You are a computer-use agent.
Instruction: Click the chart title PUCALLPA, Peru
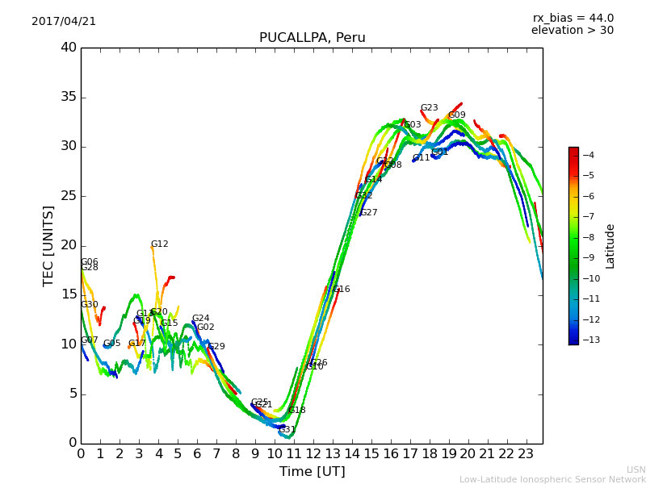(312, 38)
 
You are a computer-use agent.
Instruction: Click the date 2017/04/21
(64, 22)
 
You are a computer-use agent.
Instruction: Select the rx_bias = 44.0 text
(573, 19)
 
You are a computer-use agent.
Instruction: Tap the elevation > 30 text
(573, 31)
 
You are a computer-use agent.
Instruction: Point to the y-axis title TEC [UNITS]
(48, 245)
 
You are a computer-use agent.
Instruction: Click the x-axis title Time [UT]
(312, 472)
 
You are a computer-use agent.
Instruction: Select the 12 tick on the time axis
(313, 454)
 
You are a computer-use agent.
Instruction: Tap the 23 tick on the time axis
(526, 454)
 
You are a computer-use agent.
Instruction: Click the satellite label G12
(159, 244)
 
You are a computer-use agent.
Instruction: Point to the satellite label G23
(429, 108)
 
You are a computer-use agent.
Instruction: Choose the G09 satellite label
(456, 115)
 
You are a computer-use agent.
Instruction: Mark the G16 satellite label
(341, 290)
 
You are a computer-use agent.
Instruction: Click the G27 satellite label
(368, 213)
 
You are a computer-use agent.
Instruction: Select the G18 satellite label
(296, 411)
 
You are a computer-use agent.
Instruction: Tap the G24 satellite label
(200, 319)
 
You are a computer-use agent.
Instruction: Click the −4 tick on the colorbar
(589, 155)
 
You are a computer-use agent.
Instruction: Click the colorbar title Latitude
(610, 246)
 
